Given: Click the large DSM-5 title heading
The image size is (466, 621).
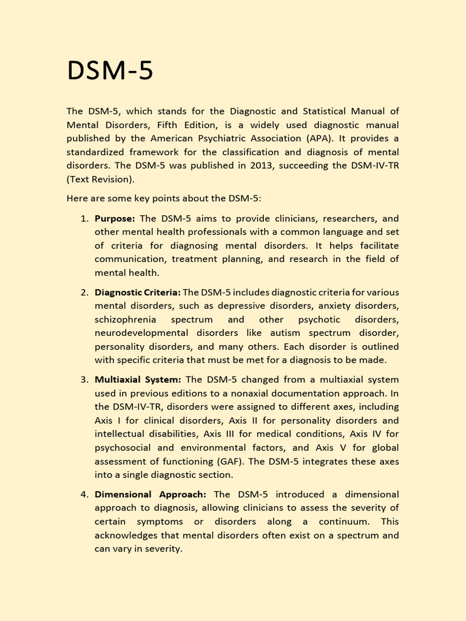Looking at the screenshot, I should pos(110,72).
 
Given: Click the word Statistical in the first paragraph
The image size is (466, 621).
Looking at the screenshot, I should pos(321,111).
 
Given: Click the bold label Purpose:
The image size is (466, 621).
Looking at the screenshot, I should pos(115,218).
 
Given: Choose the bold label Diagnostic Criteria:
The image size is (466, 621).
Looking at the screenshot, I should pos(137,292).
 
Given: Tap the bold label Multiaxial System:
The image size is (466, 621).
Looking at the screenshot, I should pos(138,380).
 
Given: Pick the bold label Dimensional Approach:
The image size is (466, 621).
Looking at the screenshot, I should pos(150,494).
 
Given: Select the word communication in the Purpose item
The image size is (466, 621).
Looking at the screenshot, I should pos(130,259).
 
